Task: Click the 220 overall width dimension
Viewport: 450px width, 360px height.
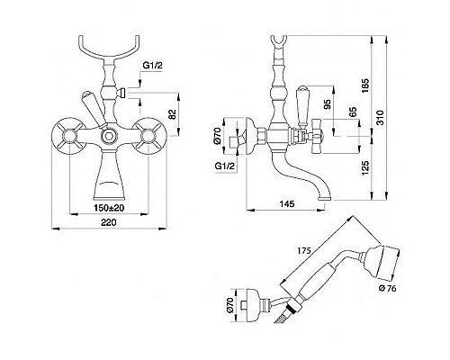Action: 108,222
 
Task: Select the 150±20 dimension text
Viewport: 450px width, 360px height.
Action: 109,208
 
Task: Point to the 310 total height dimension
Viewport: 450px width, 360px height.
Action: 380,118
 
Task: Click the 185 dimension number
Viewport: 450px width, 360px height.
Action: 365,85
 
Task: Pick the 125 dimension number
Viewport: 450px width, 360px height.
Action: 365,168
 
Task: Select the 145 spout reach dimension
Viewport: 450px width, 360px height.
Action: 287,204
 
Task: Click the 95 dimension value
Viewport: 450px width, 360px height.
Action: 328,103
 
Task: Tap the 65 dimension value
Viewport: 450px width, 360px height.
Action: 353,112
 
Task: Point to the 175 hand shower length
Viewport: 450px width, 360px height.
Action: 304,249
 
